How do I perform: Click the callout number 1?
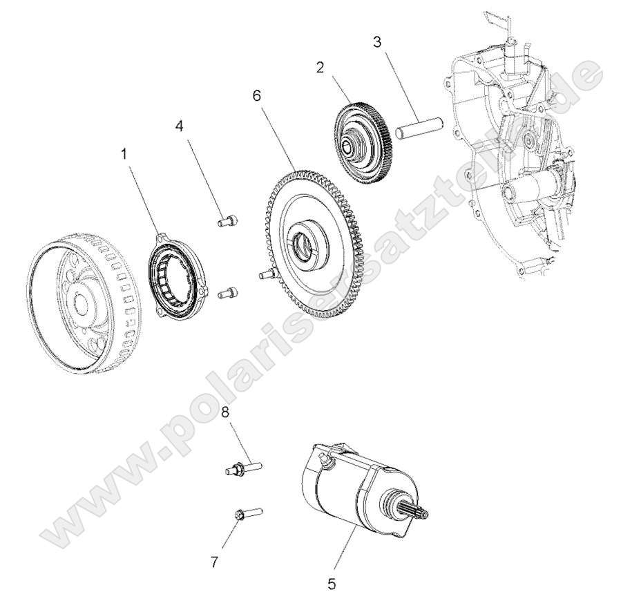[124, 155]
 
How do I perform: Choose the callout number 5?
[332, 584]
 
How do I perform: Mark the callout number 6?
[257, 95]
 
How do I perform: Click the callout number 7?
[215, 563]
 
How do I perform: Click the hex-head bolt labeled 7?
[245, 514]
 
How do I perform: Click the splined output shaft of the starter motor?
[415, 513]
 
